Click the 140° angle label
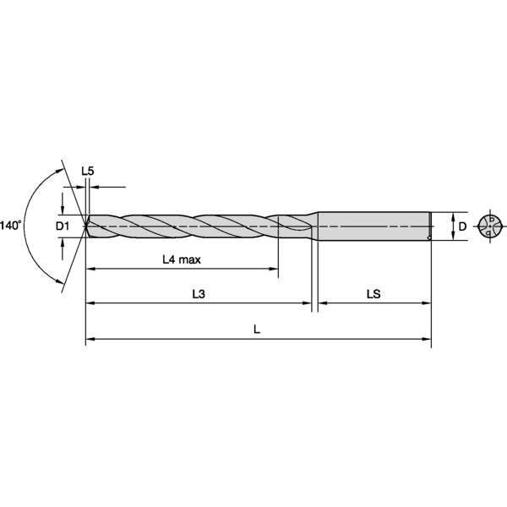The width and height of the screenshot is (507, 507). (11, 226)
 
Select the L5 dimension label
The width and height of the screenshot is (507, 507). (87, 171)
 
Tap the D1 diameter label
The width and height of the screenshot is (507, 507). (63, 226)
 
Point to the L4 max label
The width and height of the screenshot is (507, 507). (182, 259)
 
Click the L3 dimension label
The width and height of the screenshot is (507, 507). (199, 294)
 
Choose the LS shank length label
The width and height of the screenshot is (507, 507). (373, 294)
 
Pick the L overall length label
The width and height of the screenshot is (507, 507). (257, 330)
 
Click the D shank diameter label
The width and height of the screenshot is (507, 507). (462, 226)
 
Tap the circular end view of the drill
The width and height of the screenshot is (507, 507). (490, 226)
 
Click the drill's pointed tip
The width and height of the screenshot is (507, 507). (84, 226)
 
